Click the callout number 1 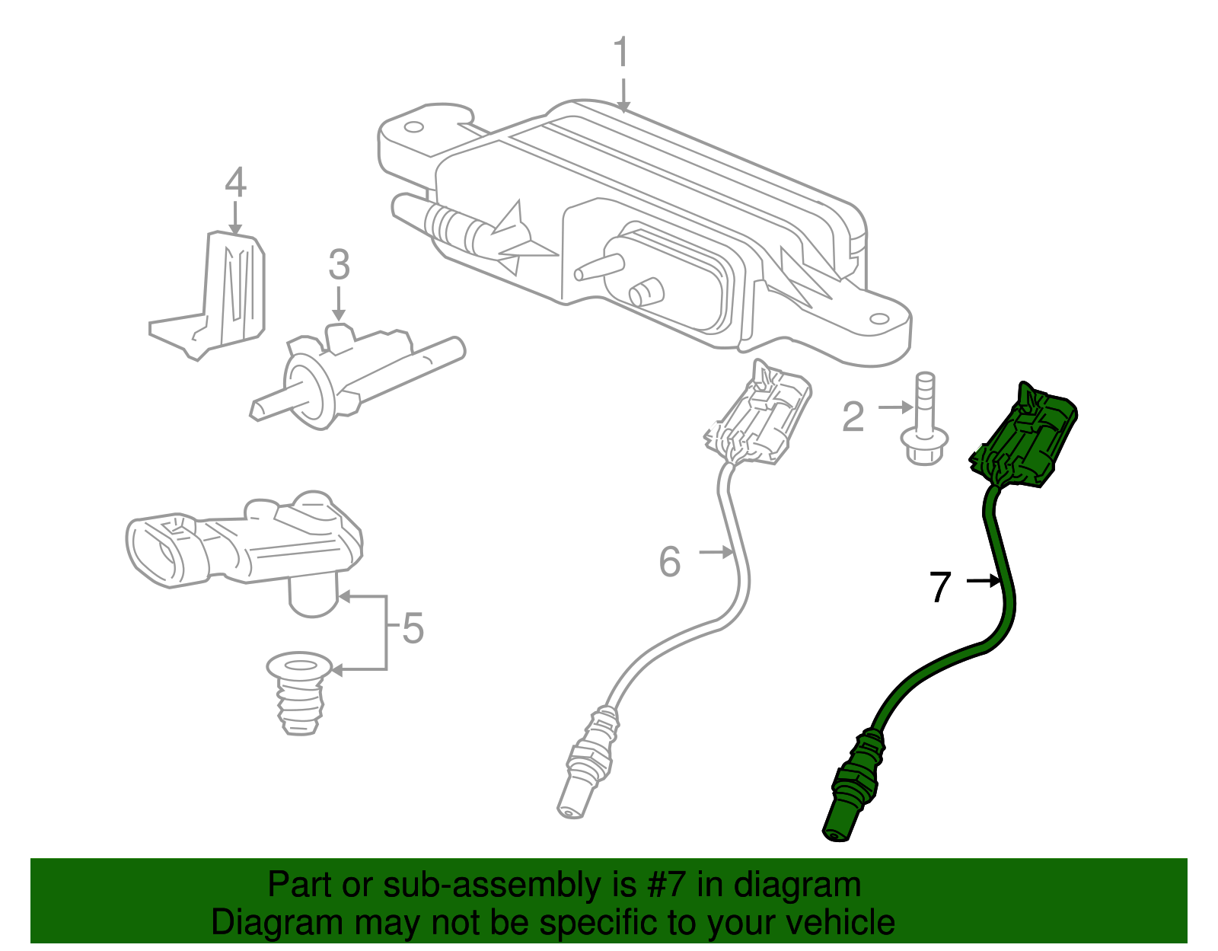click(622, 53)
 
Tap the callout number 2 click(853, 417)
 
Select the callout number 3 click(339, 266)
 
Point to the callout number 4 click(235, 183)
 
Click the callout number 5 click(413, 629)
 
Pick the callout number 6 click(669, 562)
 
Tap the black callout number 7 click(941, 588)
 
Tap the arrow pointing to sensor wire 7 click(983, 581)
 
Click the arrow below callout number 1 click(623, 94)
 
